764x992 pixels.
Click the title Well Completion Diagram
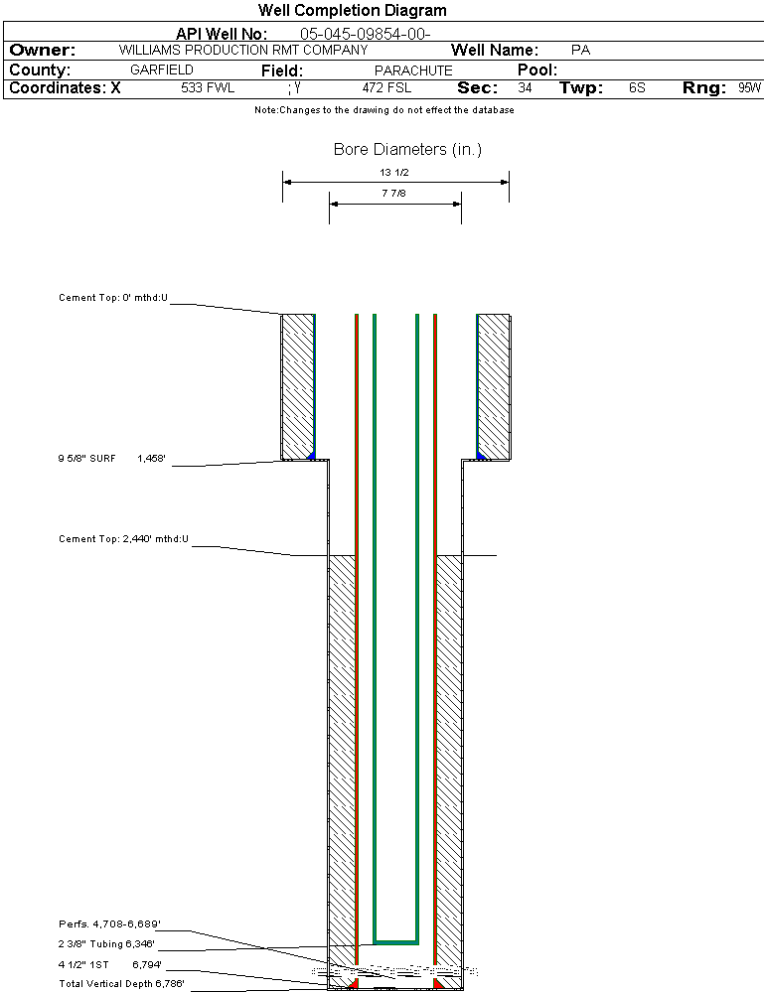[352, 11]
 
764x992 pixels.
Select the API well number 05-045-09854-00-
[365, 34]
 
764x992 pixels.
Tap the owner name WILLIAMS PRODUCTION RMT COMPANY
[242, 50]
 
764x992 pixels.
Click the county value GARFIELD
[162, 71]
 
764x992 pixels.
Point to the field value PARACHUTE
[413, 71]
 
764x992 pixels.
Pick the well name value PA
[581, 50]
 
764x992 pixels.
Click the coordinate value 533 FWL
[207, 88]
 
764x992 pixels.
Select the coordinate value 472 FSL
[386, 88]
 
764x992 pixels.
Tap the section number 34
[525, 88]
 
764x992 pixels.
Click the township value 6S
[637, 88]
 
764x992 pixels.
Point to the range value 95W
[749, 88]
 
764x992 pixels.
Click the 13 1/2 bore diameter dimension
[394, 173]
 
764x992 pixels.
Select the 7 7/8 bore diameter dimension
[393, 195]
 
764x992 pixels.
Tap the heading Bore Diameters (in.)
[407, 150]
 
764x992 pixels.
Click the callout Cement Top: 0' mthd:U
[113, 297]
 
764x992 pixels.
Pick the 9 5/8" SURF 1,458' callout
[112, 459]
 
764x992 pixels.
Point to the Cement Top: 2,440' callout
[123, 539]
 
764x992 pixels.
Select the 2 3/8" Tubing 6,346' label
[106, 944]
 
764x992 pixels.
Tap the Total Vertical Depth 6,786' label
[121, 983]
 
